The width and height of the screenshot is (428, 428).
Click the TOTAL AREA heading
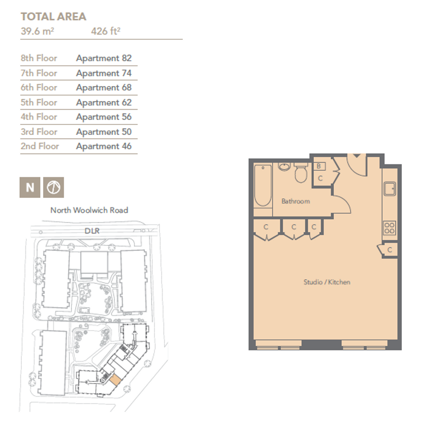point(53,17)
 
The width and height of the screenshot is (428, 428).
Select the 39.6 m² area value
point(38,31)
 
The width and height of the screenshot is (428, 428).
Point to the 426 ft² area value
point(106,31)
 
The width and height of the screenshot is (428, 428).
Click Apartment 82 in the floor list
point(104,58)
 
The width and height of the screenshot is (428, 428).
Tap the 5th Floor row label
point(39,102)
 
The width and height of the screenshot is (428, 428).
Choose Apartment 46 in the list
point(104,146)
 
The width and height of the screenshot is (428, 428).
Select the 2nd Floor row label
point(40,146)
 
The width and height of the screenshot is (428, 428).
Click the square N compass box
point(30,187)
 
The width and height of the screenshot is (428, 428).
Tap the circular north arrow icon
point(53,187)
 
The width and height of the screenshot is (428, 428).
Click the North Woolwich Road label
point(89,210)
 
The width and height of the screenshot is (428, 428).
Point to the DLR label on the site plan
point(92,231)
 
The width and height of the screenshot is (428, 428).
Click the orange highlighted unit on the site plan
point(115,380)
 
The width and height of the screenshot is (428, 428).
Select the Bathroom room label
point(296,202)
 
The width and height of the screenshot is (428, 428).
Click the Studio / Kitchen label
point(327,282)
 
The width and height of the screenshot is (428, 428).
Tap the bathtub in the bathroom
point(263,186)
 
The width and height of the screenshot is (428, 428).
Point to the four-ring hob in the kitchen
point(390,228)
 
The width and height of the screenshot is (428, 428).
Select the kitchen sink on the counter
point(390,188)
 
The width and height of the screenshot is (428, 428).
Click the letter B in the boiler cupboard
point(318,166)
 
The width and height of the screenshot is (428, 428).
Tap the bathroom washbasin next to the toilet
point(285,167)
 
